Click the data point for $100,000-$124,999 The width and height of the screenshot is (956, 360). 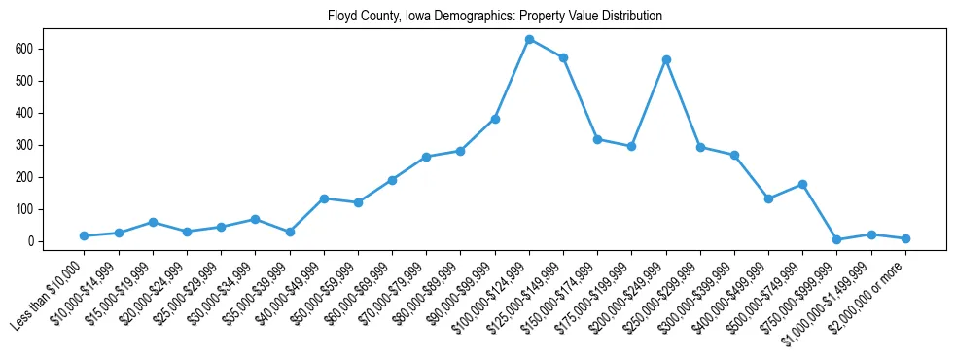pos(529,39)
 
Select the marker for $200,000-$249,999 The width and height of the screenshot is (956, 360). pos(666,59)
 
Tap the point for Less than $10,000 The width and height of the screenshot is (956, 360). pos(85,236)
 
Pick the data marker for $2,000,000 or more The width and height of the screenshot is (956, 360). pos(905,238)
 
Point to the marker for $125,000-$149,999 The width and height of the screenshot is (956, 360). pos(563,57)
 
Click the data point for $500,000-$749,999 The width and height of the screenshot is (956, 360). pos(802,184)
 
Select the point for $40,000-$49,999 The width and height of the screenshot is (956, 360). pos(324,198)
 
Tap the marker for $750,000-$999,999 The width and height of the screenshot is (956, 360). pos(836,239)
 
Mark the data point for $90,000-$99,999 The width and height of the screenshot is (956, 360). pos(495,119)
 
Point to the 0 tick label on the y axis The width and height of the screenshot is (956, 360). pos(32,241)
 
